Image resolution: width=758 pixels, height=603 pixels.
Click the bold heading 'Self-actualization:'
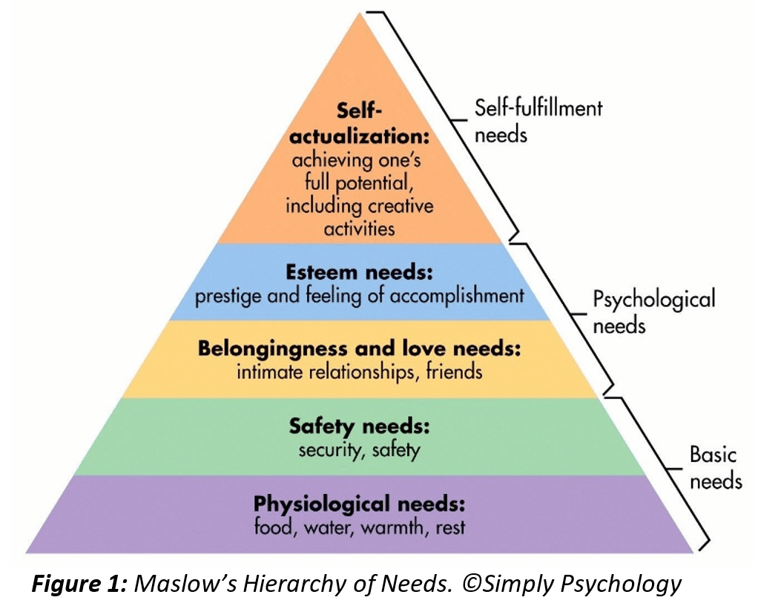(x=360, y=126)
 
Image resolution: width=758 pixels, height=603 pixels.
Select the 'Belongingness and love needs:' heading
(x=360, y=349)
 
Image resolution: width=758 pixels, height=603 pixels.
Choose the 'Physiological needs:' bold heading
(x=360, y=505)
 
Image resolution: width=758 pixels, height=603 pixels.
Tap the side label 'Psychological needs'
(x=653, y=312)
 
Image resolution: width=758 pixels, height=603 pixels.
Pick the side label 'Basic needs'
(x=715, y=467)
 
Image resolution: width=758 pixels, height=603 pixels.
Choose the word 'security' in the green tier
(x=329, y=449)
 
